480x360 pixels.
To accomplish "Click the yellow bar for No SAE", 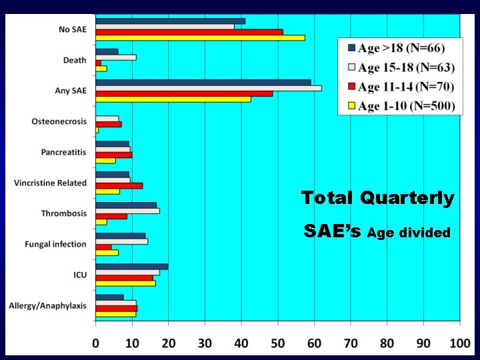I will tap(200, 37).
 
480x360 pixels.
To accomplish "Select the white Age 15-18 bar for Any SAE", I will tap(208, 88).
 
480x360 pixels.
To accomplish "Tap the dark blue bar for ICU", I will tap(131, 267).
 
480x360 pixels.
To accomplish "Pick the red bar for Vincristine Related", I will tap(119, 185).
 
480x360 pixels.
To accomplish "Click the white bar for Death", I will tap(116, 57).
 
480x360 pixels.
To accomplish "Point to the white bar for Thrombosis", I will tap(127, 211).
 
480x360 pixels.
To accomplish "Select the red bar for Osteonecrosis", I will tap(108, 124).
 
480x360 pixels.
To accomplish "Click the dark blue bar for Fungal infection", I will tap(120, 236).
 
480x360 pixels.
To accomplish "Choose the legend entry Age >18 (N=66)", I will tap(401, 48).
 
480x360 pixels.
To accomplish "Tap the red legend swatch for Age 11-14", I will tap(351, 87).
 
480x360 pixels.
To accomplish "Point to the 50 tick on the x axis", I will tap(278, 343).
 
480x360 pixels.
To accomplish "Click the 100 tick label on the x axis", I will tap(459, 343).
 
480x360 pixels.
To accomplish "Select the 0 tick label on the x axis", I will tap(96, 343).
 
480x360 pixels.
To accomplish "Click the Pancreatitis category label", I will tap(63, 153).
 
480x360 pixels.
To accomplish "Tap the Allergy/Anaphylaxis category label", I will tap(47, 306).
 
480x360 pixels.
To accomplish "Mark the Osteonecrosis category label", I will tap(59, 121).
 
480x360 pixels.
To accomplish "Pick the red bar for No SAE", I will tap(189, 32).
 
